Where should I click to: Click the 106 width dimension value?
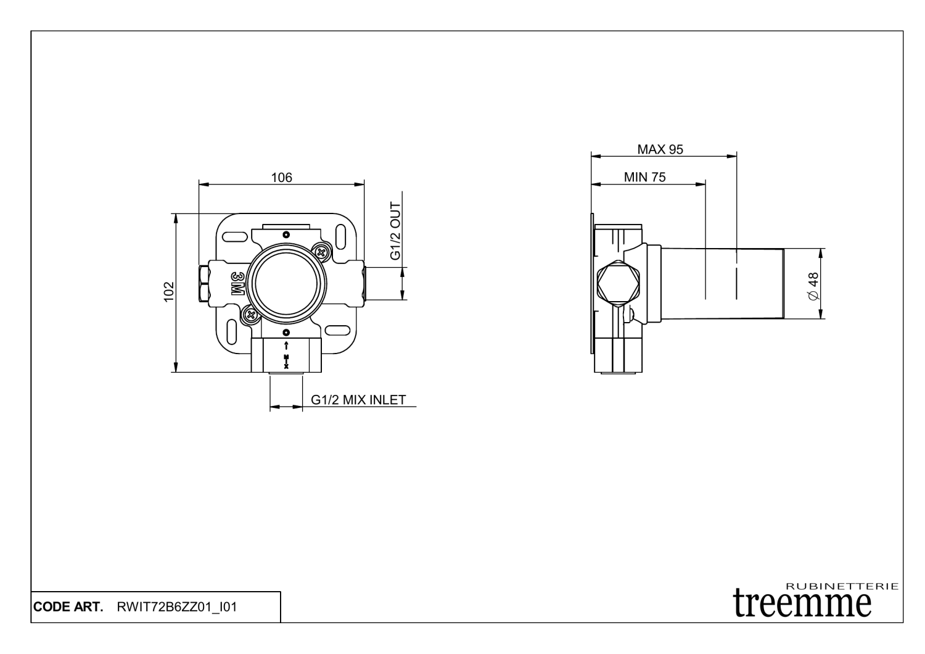[x=281, y=178]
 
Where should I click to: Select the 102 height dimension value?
[x=169, y=292]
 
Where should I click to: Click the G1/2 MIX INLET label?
[x=358, y=400]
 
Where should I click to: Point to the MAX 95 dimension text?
[x=660, y=149]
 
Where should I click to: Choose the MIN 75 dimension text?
[x=644, y=177]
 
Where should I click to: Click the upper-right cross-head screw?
[x=321, y=250]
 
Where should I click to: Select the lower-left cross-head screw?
[x=250, y=315]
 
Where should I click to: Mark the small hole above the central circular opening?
[x=286, y=235]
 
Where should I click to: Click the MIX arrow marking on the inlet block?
[x=286, y=355]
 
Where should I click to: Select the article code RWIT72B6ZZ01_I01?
[x=176, y=607]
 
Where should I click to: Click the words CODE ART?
[x=68, y=607]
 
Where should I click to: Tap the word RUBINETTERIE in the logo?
[x=842, y=586]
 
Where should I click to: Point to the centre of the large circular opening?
[x=286, y=284]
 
